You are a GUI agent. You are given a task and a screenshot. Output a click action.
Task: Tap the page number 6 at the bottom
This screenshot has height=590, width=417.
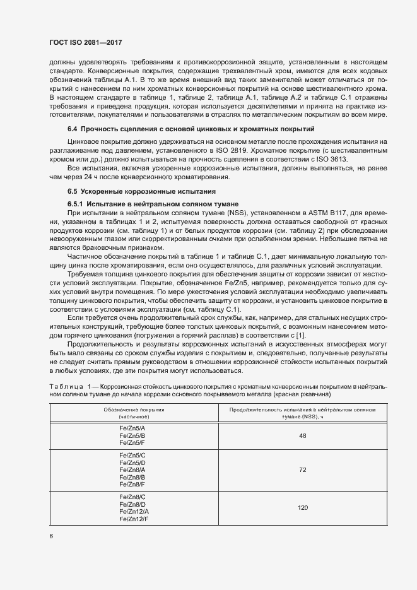pyautogui.click(x=51, y=536)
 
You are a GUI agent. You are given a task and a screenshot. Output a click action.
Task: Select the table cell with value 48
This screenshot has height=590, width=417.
pyautogui.click(x=303, y=435)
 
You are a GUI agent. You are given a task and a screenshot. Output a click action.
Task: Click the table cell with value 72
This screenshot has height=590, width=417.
pyautogui.click(x=303, y=470)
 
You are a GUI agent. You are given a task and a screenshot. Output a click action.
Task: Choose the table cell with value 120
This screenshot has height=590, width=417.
pyautogui.click(x=303, y=507)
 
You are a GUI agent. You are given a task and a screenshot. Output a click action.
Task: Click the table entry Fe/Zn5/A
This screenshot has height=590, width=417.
pyautogui.click(x=133, y=428)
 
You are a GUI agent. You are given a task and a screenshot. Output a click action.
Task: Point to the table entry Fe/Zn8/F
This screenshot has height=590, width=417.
pyautogui.click(x=133, y=484)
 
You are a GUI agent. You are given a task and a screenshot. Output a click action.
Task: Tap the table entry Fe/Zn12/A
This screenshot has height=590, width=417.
pyautogui.click(x=133, y=511)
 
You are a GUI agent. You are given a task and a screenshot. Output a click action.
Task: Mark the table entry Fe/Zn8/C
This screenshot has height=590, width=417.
pyautogui.click(x=133, y=497)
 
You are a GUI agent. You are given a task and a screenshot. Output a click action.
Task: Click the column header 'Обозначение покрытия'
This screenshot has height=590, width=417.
pyautogui.click(x=133, y=410)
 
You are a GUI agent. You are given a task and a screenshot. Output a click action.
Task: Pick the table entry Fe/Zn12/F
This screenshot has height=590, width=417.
pyautogui.click(x=133, y=518)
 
